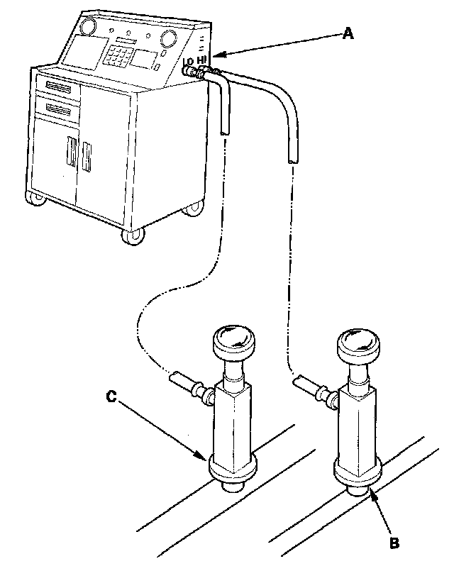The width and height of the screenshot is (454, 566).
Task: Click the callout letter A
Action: coord(347,33)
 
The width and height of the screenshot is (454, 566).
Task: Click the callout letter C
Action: coord(111,397)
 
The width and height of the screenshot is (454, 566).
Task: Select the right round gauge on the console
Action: coord(168,38)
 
